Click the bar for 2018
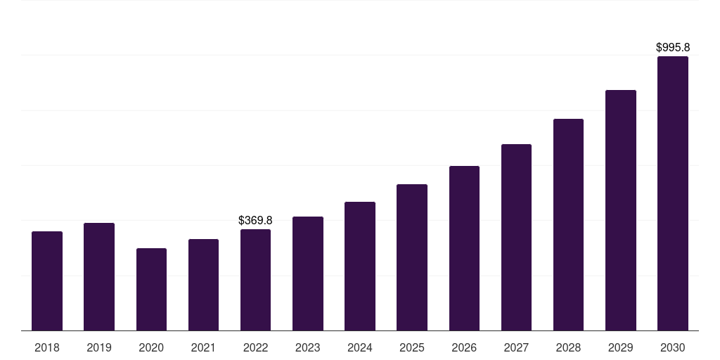coord(47,281)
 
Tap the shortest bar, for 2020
coord(151,289)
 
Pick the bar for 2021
coord(203,285)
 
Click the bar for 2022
coord(255,280)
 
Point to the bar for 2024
coord(360,266)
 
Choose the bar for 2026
coord(464,248)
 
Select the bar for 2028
coord(568,224)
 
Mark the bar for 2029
coord(621,210)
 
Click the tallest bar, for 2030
coord(673,193)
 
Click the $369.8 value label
coord(255,221)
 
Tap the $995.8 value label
coord(673,48)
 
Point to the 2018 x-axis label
coord(47,347)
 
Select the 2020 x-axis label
coord(151,347)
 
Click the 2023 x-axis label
coord(307,347)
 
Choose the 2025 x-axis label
coord(412,347)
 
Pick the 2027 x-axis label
coord(516,347)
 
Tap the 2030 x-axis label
coord(673,347)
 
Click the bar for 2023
coord(307,274)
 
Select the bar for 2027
coord(516,237)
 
